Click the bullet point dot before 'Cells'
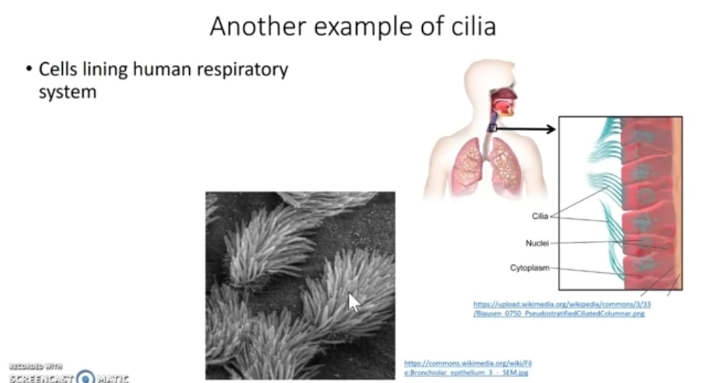(29, 70)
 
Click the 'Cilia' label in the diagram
(540, 217)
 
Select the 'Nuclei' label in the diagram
(537, 243)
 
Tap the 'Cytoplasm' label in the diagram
(529, 268)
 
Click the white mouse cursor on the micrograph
(353, 302)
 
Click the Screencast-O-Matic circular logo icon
(86, 377)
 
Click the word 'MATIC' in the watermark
(113, 378)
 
